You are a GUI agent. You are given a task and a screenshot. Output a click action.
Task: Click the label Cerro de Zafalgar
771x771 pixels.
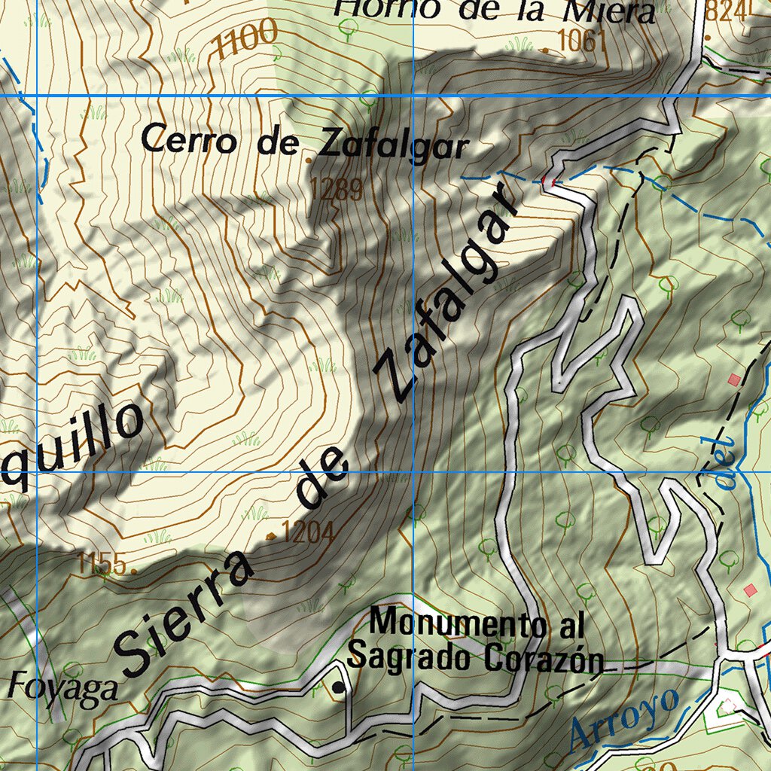(x=305, y=142)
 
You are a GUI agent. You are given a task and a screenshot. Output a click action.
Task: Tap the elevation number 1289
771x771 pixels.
(x=337, y=189)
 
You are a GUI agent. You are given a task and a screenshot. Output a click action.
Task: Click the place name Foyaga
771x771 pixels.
(x=64, y=688)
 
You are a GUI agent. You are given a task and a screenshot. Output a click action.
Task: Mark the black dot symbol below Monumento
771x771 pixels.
(x=339, y=687)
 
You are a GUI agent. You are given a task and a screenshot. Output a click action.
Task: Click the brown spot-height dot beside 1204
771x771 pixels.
(x=271, y=536)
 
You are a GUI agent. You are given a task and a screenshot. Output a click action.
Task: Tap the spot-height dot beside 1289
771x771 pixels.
(x=309, y=160)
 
